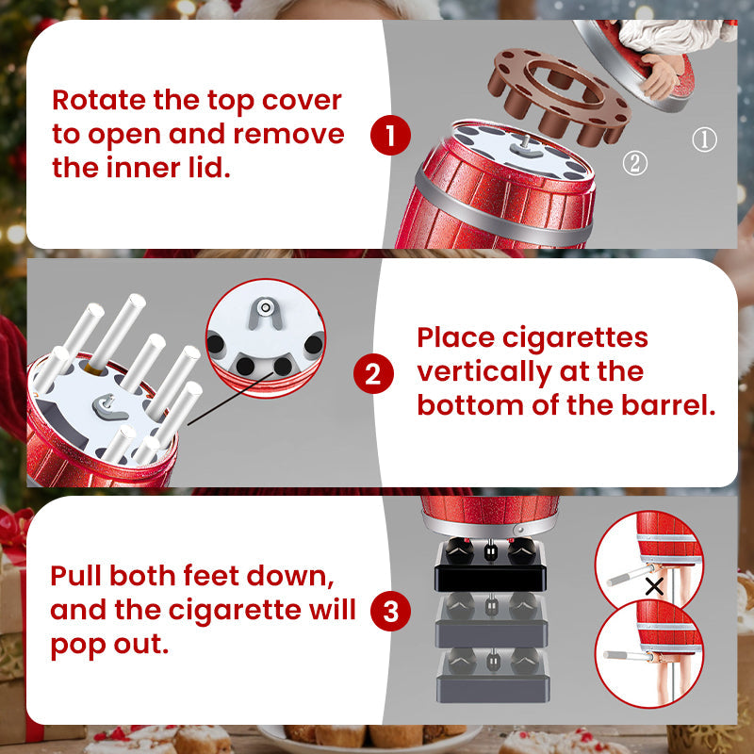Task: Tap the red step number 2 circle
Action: (372, 374)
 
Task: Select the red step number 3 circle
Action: (389, 612)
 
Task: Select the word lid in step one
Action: (208, 170)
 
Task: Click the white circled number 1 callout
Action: (704, 140)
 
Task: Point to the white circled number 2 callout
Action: (635, 163)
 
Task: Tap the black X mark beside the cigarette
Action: (655, 587)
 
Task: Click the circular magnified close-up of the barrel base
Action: (265, 335)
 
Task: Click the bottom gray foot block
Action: (490, 675)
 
